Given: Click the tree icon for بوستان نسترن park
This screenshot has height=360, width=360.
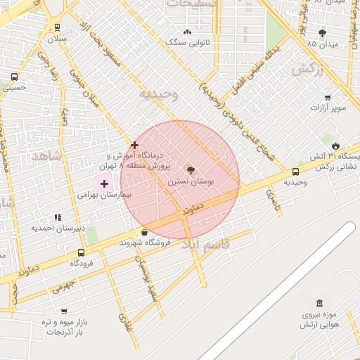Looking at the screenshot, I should tap(190, 170).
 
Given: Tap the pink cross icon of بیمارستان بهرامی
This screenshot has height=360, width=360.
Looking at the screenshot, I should tap(105, 184).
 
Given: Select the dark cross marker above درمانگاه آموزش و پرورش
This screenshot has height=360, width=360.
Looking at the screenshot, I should tap(134, 145).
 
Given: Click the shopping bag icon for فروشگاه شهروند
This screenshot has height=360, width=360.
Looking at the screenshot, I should tap(145, 232).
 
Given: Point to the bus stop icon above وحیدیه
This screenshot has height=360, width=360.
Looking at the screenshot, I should tap(295, 172).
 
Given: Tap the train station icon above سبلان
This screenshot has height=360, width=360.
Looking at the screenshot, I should tap(57, 27).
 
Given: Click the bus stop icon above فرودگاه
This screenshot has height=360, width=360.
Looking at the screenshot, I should tap(82, 252).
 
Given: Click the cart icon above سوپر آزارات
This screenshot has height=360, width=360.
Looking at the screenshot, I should tap(328, 98).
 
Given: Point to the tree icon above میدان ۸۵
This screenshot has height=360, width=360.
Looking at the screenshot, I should tap(323, 33).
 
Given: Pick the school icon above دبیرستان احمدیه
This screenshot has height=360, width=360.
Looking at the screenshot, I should tap(57, 217).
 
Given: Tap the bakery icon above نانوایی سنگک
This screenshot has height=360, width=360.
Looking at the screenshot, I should tap(187, 32).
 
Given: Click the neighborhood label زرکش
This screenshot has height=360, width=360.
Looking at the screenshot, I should tap(307, 70).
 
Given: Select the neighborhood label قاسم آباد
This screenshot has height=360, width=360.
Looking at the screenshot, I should tap(202, 245).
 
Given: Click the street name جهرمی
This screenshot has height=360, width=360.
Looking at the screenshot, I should tap(63, 287).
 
